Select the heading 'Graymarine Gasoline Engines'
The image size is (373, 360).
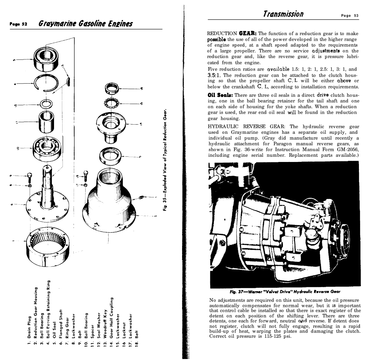pos(85,24)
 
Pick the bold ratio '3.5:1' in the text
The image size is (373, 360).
pos(214,75)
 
